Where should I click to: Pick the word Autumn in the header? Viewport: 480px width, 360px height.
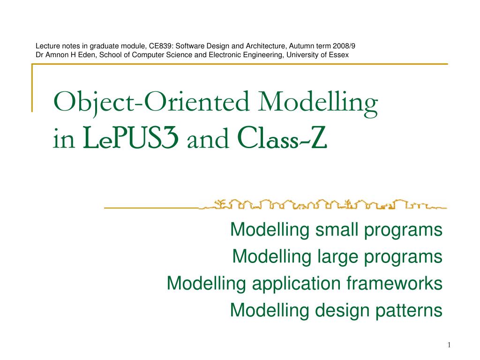(x=301, y=46)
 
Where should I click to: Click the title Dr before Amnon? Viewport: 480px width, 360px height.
(x=40, y=54)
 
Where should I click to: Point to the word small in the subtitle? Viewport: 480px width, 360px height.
(x=334, y=230)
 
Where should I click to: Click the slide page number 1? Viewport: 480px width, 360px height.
(x=449, y=345)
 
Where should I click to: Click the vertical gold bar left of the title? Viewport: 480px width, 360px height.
(x=32, y=88)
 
